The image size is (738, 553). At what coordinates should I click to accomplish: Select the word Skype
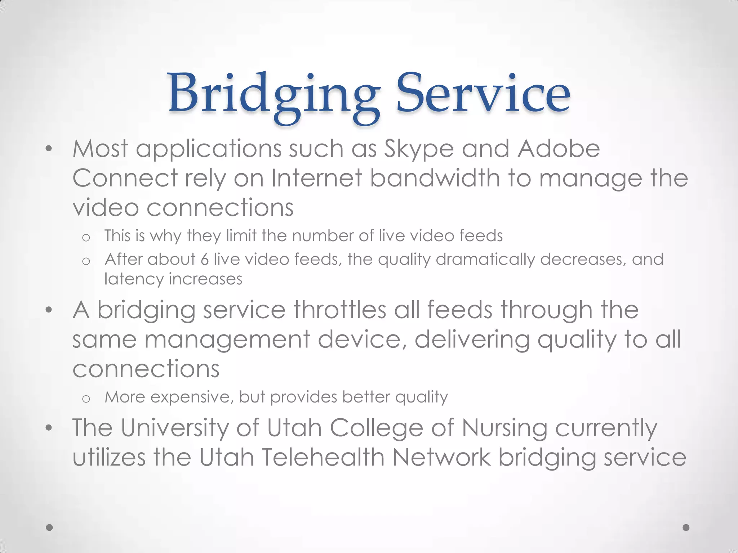[419, 149]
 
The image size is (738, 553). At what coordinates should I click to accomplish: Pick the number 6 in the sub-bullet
[205, 259]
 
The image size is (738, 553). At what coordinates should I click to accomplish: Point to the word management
[227, 340]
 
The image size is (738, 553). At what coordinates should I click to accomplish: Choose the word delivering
[472, 340]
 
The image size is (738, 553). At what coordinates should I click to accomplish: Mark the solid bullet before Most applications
[49, 149]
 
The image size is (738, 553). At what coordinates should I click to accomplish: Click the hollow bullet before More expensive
[86, 399]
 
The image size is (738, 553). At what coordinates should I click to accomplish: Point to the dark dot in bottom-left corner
[50, 527]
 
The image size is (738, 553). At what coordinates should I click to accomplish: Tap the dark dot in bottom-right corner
[686, 527]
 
